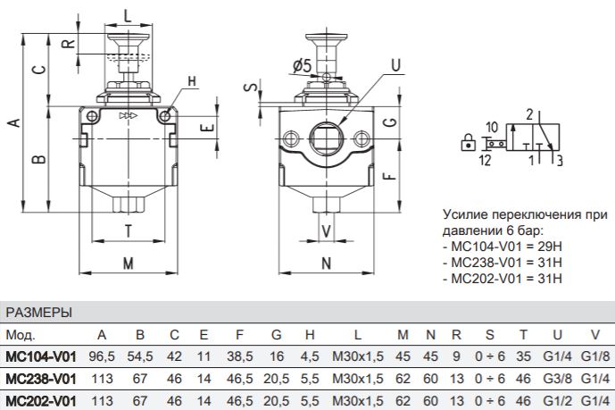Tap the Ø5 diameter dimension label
[x=302, y=65]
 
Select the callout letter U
[x=396, y=65]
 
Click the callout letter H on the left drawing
[x=192, y=81]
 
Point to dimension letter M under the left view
[x=129, y=264]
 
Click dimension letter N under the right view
[x=327, y=264]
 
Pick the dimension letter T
[x=129, y=231]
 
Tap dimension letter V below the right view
[x=327, y=231]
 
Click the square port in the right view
[x=326, y=138]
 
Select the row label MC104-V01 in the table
[x=41, y=356]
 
